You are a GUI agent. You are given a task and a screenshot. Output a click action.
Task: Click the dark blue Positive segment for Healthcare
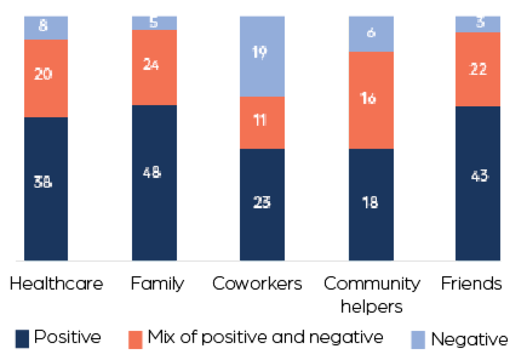[46, 211]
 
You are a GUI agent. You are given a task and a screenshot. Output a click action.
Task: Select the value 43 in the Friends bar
[478, 176]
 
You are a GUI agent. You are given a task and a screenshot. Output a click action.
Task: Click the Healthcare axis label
[56, 284]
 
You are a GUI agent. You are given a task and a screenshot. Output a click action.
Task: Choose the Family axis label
[157, 284]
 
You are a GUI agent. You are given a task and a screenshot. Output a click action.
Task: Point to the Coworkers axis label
[257, 284]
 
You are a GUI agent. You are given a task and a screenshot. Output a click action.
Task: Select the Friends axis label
[471, 284]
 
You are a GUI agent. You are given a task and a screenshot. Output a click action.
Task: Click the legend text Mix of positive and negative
[265, 338]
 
